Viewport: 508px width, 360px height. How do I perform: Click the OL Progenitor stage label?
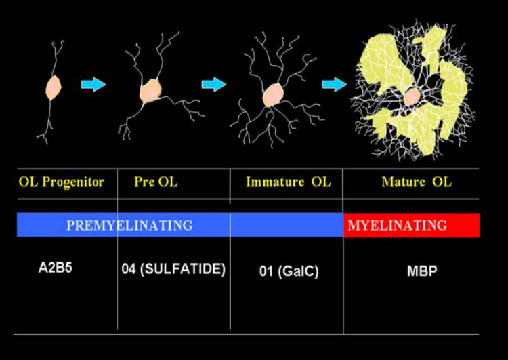(62, 182)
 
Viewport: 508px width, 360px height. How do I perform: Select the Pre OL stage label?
(156, 182)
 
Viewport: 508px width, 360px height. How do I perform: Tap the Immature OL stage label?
(288, 182)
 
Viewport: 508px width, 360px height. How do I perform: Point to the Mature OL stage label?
(416, 182)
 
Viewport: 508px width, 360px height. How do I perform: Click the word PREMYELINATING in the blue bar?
(129, 225)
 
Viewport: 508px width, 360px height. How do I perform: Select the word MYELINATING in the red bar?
(397, 225)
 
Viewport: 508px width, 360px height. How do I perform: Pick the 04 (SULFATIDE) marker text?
(173, 269)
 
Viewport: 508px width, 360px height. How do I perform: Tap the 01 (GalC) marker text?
(289, 271)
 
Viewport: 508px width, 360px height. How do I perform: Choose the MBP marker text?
(423, 271)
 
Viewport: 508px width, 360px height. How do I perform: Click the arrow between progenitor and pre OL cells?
(93, 85)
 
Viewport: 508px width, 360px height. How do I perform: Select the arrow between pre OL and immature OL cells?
(213, 84)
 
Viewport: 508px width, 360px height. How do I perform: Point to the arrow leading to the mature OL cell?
(334, 84)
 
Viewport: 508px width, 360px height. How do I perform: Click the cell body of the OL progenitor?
(54, 87)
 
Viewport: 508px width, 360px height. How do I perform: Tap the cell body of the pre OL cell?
(150, 91)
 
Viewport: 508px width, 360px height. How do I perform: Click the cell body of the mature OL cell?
(411, 96)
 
